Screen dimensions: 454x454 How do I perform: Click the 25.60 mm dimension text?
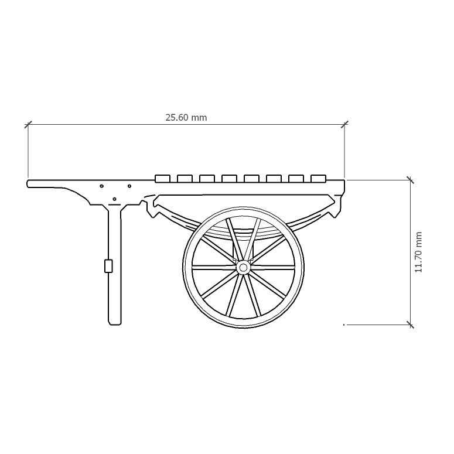(x=186, y=117)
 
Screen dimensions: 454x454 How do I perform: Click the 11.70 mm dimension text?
(x=418, y=252)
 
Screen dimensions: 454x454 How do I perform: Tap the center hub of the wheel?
(x=243, y=267)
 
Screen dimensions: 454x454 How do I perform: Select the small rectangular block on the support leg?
(x=108, y=266)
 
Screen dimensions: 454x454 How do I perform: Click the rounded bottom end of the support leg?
(x=115, y=322)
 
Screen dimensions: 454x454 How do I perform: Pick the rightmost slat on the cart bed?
(x=318, y=178)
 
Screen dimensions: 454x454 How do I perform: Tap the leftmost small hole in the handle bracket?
(x=102, y=186)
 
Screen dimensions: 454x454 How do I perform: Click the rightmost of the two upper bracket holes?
(x=129, y=186)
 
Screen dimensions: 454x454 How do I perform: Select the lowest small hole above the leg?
(x=114, y=199)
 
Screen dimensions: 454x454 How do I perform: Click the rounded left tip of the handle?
(x=29, y=183)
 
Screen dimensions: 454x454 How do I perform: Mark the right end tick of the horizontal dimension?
(x=344, y=124)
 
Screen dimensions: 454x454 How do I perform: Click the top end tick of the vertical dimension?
(x=410, y=180)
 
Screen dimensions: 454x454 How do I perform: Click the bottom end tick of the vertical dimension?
(x=410, y=324)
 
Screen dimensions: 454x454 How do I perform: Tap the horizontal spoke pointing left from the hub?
(x=214, y=267)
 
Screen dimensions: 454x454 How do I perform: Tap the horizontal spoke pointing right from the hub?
(x=272, y=267)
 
